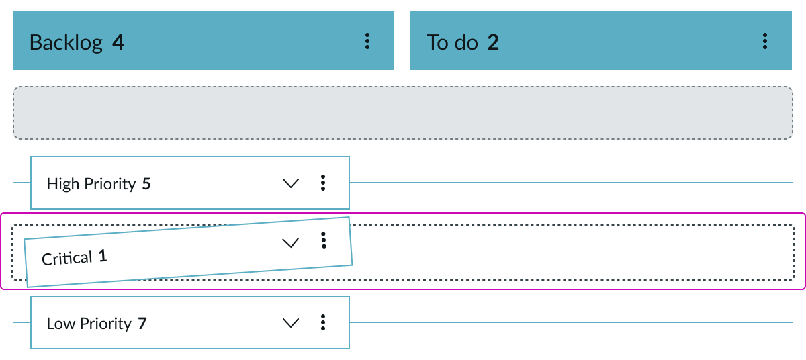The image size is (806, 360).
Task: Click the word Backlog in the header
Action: (x=66, y=43)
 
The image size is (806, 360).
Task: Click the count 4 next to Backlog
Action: (x=118, y=43)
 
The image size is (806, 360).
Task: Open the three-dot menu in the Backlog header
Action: (x=367, y=42)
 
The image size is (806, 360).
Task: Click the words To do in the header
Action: (x=451, y=43)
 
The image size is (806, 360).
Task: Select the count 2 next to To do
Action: (x=493, y=43)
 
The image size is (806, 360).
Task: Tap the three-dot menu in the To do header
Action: (x=764, y=42)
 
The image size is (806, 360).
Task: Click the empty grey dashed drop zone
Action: (x=403, y=113)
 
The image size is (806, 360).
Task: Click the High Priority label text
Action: (x=91, y=184)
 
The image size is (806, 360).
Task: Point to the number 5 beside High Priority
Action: (x=146, y=184)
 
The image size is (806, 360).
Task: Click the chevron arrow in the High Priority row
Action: (x=291, y=183)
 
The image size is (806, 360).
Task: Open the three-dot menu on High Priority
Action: (x=323, y=183)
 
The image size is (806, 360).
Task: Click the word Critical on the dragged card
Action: (x=67, y=258)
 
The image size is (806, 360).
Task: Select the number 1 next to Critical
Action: (x=103, y=256)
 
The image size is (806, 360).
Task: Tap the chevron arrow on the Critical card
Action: (x=290, y=243)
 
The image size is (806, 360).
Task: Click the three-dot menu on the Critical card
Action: (x=324, y=240)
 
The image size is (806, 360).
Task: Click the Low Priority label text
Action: (x=89, y=324)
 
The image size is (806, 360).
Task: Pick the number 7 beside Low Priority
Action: (x=142, y=324)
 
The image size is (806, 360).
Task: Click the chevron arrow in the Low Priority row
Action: (x=291, y=323)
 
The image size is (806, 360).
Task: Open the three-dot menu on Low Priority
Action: (x=323, y=322)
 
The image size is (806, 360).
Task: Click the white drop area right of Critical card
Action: (x=571, y=253)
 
